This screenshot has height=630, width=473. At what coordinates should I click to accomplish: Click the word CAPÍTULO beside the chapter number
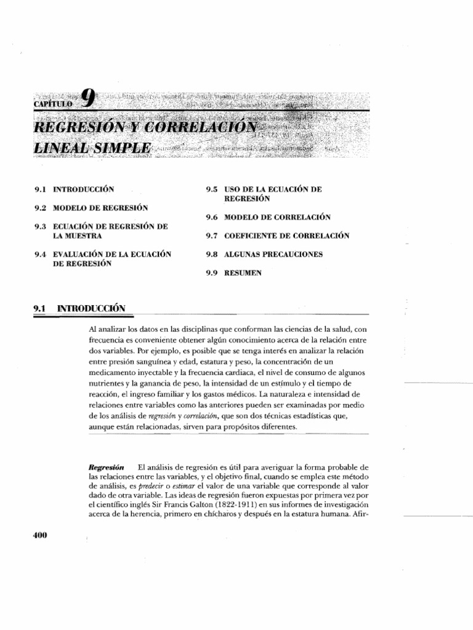tap(54, 104)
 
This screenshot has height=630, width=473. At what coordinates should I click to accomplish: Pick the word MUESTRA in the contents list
tap(77, 236)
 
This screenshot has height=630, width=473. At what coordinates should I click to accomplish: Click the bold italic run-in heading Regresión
tap(107, 468)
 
